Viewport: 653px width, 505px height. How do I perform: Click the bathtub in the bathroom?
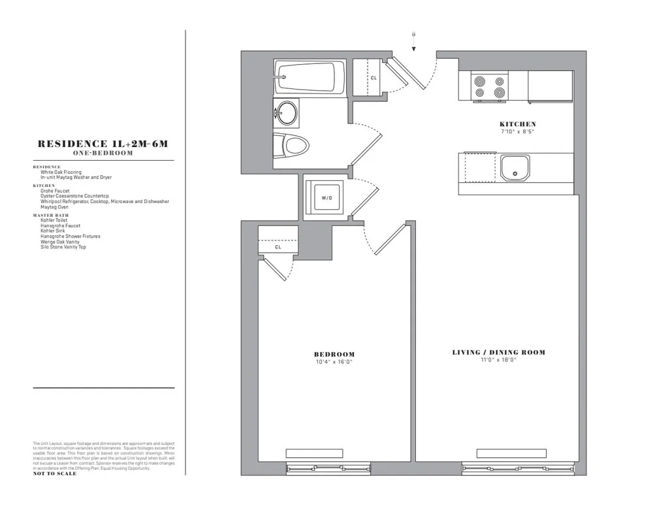point(310,77)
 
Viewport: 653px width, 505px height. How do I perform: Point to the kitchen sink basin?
point(515,167)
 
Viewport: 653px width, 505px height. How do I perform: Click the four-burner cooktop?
point(490,87)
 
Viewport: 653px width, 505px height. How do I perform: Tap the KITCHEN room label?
point(518,124)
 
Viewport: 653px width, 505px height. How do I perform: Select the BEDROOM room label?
point(334,355)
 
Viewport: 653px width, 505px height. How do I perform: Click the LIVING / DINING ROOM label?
point(499,353)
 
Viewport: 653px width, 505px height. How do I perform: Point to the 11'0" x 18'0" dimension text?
point(499,360)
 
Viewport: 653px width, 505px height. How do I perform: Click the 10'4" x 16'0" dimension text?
point(334,362)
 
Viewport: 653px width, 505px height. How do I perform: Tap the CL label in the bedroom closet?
point(278,247)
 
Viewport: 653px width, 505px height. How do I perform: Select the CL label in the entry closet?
point(374,78)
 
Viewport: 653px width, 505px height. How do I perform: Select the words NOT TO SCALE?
point(55,474)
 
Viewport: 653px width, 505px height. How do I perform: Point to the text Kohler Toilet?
point(54,221)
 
